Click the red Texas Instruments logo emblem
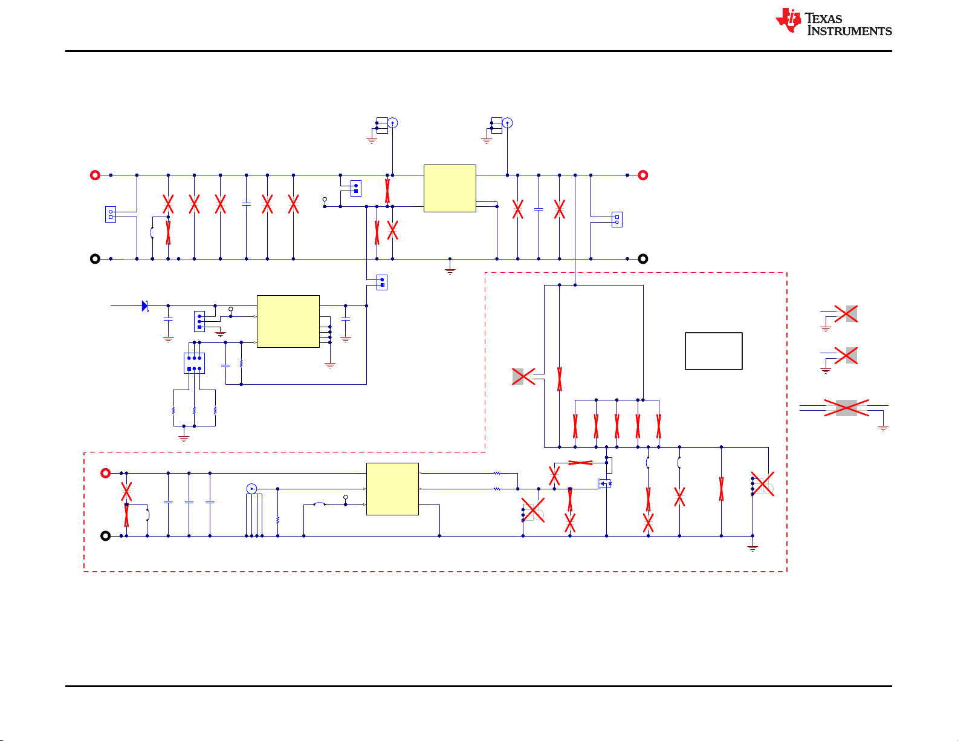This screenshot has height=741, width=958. [788, 20]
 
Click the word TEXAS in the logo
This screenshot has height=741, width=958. [823, 19]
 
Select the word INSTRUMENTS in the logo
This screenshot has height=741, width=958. [850, 31]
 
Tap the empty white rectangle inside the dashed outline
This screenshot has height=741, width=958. [713, 351]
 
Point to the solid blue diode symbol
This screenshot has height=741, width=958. [144, 305]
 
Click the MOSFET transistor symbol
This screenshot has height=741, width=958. [604, 484]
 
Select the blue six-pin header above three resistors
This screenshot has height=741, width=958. [194, 363]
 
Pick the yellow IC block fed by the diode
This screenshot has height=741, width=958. [288, 322]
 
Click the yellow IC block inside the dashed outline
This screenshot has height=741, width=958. [392, 489]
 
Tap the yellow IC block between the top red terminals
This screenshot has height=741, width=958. [450, 188]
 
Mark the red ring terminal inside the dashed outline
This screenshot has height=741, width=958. [105, 473]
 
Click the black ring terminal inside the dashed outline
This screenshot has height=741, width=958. [105, 536]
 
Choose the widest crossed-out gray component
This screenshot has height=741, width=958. [846, 408]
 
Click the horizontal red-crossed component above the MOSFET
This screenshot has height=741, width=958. [580, 463]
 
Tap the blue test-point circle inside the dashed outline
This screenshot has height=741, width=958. [251, 489]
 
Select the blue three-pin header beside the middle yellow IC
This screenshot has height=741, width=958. [199, 322]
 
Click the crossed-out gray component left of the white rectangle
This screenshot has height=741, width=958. [523, 376]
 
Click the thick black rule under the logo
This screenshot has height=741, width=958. [478, 51]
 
